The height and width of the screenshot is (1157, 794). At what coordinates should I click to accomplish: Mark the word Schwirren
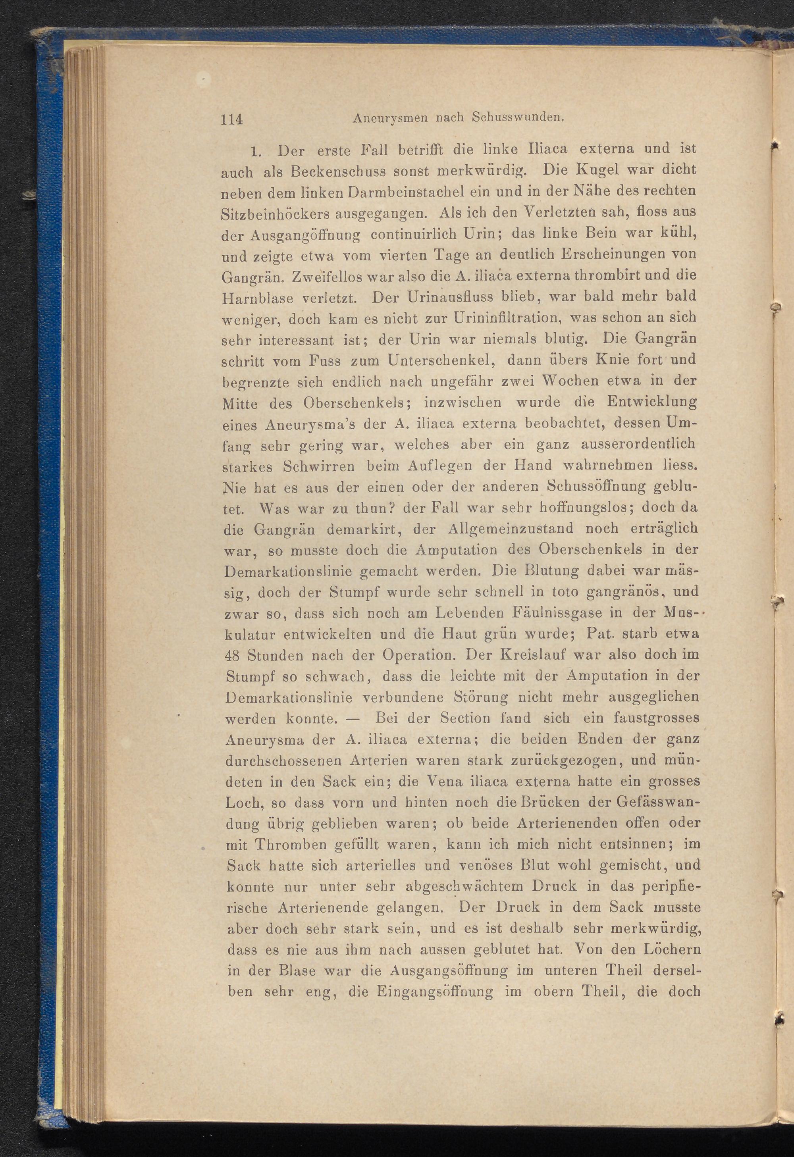point(319,466)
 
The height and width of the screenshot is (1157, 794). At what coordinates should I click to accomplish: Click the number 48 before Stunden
point(233,656)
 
